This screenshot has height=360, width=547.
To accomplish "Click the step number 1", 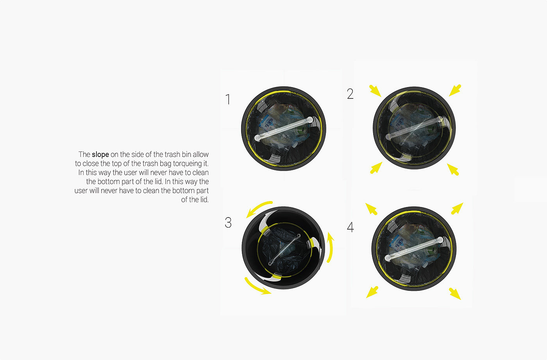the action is click(228, 99).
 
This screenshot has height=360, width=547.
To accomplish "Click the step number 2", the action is click(350, 94).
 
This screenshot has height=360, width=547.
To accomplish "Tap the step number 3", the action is click(228, 223).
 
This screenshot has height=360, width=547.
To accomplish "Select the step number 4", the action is click(350, 227).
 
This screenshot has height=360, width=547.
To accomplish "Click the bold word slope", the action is click(100, 155).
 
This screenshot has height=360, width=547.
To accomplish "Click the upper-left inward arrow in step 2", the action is click(375, 91).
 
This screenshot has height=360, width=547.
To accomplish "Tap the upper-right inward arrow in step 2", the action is click(455, 90).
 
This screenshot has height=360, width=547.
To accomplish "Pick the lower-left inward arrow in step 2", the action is click(376, 168).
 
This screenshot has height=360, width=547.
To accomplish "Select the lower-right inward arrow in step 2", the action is click(453, 169).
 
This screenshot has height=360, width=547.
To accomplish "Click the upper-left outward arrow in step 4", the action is click(371, 209).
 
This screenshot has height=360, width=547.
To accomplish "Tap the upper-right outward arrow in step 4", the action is click(457, 209).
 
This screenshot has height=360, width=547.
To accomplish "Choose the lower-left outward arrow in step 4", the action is click(372, 292).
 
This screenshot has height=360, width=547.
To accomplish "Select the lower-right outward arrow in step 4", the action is click(455, 294).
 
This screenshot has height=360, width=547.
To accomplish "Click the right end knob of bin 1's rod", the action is click(309, 120).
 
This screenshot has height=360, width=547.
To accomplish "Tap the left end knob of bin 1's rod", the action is click(257, 138).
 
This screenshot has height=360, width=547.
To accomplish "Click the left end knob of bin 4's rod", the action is click(388, 258).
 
